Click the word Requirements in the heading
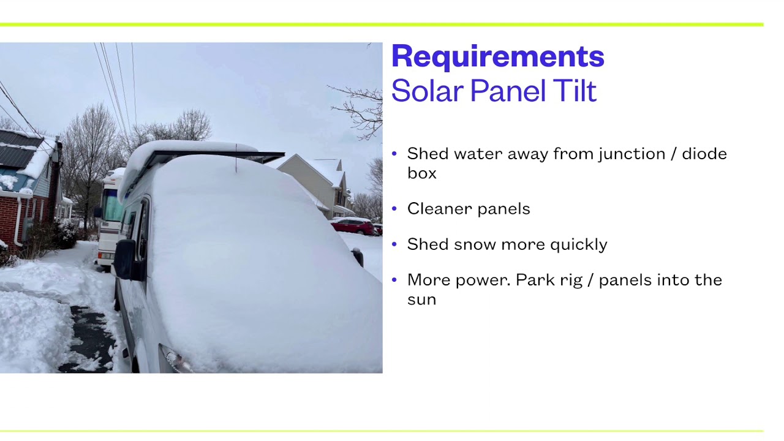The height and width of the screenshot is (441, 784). point(497,56)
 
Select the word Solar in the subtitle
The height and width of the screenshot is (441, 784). point(428,91)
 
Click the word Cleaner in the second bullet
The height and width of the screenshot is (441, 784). point(437,209)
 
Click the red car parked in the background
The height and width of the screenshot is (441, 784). point(353,227)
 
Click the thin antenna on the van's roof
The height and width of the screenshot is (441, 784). point(236,157)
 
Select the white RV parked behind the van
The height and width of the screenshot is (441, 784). point(108,221)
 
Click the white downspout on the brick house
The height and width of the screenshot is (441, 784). point(18,221)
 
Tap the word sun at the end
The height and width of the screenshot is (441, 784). point(421,300)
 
